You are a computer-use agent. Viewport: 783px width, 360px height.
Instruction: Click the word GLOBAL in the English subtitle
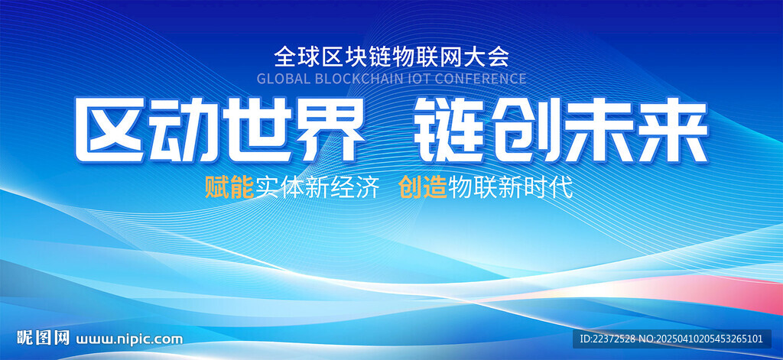tap(283, 79)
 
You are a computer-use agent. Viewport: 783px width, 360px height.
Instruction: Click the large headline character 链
tap(452, 130)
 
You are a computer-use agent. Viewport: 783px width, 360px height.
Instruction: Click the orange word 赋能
tap(229, 188)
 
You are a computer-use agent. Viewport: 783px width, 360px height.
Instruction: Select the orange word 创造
tap(424, 188)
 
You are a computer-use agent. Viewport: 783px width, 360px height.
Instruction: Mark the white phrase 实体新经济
tap(317, 188)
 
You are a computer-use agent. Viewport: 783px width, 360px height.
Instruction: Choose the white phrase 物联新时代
tap(510, 188)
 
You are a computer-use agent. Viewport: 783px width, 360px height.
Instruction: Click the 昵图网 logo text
tap(43, 338)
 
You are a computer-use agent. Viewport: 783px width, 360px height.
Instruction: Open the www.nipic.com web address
tap(129, 339)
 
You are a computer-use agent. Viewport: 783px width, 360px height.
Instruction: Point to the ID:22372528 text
tap(608, 339)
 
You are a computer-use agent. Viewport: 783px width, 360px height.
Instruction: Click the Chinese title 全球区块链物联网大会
tap(392, 57)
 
